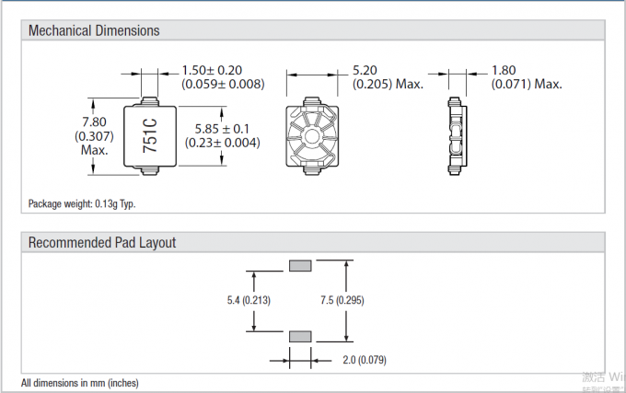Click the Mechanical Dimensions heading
tap(94, 30)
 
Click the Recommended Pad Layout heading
tap(101, 243)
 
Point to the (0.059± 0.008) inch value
tap(222, 84)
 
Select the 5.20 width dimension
tap(366, 70)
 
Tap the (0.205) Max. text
tap(388, 84)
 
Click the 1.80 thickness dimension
tap(504, 70)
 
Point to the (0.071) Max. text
tap(526, 84)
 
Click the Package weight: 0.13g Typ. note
tap(88, 203)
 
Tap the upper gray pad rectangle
tap(301, 266)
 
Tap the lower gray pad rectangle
tap(301, 336)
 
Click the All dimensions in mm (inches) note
tap(80, 382)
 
